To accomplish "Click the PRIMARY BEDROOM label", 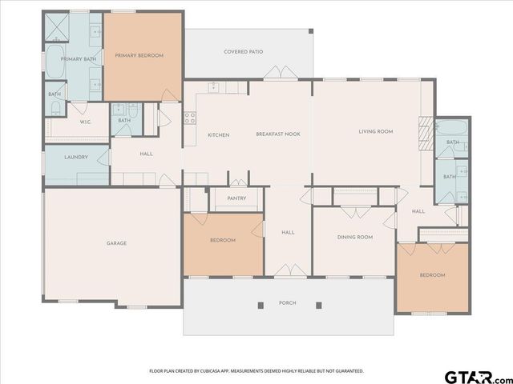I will pos(139,55).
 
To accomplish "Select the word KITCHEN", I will pos(219,134).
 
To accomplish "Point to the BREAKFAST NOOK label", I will pos(278,134).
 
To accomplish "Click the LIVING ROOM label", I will pos(375,131).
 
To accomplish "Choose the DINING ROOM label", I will pos(355,237).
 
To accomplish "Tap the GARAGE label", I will pos(117,243).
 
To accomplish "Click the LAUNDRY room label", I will pos(76,157).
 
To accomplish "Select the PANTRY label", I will pos(236,198).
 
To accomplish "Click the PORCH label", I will pos(287,303).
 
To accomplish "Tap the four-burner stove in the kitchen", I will pos(191,118).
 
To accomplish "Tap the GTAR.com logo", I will pos(479,374).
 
